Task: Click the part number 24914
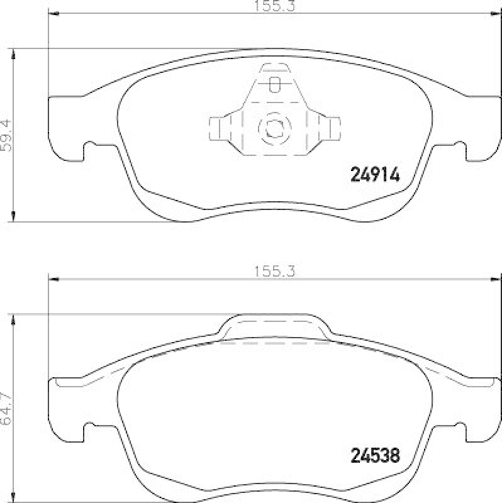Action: click(x=374, y=175)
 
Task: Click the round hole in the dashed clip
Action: click(x=274, y=128)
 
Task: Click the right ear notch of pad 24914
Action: click(x=459, y=149)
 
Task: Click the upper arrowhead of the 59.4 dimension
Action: click(x=14, y=53)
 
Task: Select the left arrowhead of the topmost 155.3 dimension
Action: click(x=53, y=14)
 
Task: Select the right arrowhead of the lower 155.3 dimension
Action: click(x=496, y=279)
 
